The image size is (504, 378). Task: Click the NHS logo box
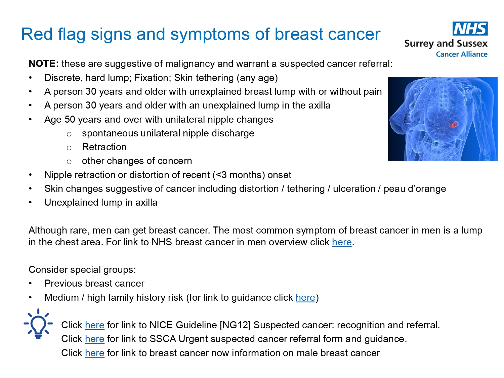click(x=470, y=29)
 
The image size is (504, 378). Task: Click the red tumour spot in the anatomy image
click(x=453, y=125)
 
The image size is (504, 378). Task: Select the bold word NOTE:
click(x=44, y=64)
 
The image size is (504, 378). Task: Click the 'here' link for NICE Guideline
click(x=94, y=325)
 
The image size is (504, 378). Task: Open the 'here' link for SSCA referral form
click(x=94, y=339)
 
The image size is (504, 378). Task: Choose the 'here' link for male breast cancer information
click(x=94, y=353)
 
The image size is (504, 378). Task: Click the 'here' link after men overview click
click(x=341, y=242)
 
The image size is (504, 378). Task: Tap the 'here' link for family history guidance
click(x=305, y=298)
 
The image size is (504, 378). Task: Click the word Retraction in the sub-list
click(x=104, y=147)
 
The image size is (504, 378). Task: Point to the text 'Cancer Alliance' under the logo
click(x=461, y=54)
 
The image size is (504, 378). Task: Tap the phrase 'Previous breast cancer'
click(x=94, y=284)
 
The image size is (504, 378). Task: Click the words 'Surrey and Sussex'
click(x=446, y=44)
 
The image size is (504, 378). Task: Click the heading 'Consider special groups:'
click(x=82, y=270)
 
